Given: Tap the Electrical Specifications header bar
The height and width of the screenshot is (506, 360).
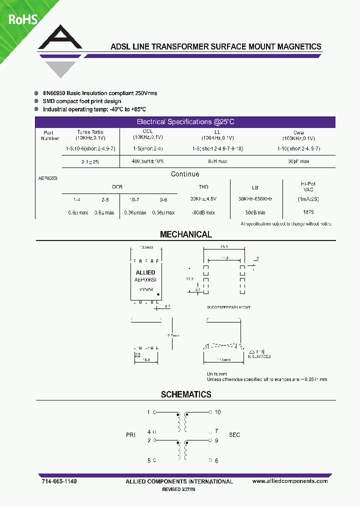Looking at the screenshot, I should (x=185, y=122).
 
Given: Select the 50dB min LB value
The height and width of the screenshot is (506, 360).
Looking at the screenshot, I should (x=255, y=212).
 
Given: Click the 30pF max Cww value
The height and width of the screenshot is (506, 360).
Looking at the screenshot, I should (x=298, y=161).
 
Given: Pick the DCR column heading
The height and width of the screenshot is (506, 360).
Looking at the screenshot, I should (x=117, y=186).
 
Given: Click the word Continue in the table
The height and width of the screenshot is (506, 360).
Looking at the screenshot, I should (x=185, y=174).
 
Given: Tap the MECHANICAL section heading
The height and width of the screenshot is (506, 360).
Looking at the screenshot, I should (x=185, y=234).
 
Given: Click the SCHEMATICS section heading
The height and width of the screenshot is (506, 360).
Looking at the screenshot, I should (x=186, y=394).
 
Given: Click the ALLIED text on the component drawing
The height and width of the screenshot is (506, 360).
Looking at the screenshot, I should (x=145, y=272).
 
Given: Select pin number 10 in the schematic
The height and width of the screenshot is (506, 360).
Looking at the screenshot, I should (x=217, y=412).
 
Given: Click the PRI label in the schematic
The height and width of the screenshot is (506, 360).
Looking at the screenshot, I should (x=131, y=435).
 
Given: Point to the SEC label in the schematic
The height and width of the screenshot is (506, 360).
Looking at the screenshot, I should (x=234, y=435).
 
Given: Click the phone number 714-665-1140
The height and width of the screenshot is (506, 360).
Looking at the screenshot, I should (x=59, y=481).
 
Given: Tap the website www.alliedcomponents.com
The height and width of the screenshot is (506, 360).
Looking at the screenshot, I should (x=290, y=481).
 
